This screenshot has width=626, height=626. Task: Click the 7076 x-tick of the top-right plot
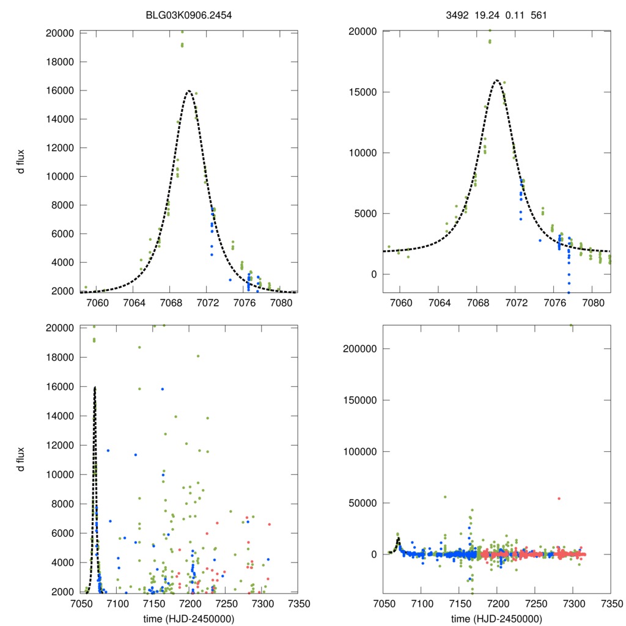[554, 303]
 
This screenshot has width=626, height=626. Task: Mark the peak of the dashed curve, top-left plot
[188, 91]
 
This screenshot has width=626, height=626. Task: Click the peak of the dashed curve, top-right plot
[496, 80]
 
